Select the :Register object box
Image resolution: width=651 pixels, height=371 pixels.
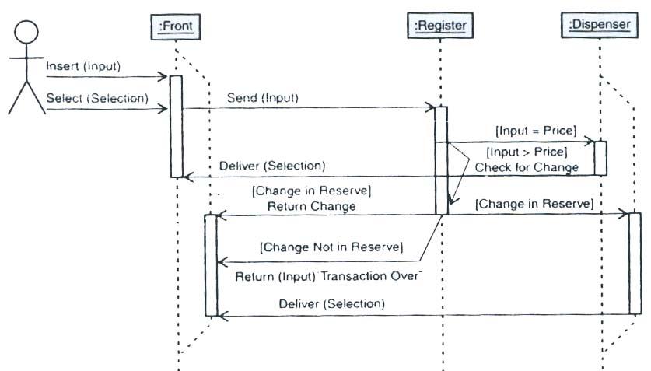coord(440,26)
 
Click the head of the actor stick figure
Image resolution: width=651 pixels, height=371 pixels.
coord(26,33)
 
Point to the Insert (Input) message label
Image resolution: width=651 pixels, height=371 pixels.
coord(83,66)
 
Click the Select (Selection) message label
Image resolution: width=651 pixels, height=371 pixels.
coord(96,98)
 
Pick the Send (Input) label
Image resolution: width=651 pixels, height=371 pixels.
coord(262,98)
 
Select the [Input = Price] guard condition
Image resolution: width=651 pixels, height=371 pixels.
coord(536,130)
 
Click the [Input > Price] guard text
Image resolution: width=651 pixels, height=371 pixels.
coord(527,151)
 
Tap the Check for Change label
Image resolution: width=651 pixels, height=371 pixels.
coord(527,167)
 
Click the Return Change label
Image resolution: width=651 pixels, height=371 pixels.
coord(311,206)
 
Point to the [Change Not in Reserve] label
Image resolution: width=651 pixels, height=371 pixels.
coord(331,247)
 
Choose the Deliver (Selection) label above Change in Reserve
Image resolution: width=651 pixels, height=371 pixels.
coord(272,166)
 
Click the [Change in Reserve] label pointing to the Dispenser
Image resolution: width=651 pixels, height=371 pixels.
coord(534,204)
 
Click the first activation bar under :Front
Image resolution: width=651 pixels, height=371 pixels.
coord(176,126)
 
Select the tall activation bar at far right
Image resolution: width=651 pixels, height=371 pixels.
coord(635,263)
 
